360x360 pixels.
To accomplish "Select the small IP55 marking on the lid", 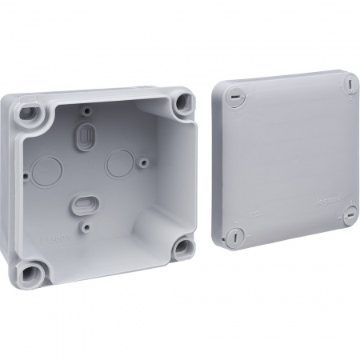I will coord(254,193).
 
